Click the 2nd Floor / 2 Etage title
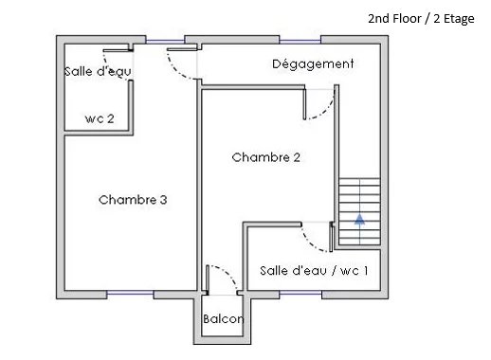coord(421,19)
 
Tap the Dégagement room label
coord(313,64)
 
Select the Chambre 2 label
coord(265,157)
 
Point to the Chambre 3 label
coord(133,200)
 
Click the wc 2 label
coord(100,118)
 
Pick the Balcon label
coord(223,318)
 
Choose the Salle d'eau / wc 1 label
coord(314,271)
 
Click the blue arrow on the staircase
coord(359,219)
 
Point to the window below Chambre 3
coord(130,294)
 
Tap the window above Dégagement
coord(300,41)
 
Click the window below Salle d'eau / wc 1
coord(300,294)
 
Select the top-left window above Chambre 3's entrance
coord(165,41)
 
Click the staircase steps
coord(359,211)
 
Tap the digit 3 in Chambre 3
coord(163,200)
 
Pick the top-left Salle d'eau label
coord(98,71)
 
